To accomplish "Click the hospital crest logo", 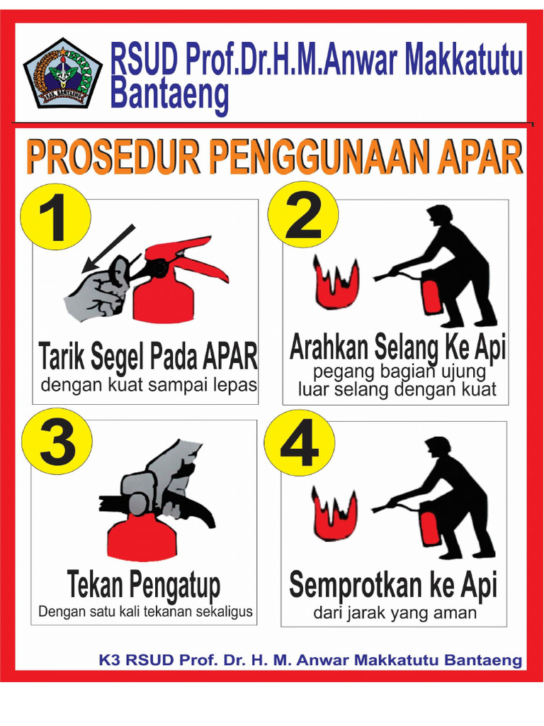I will click(x=62, y=73).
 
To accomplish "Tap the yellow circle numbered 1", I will click(x=55, y=217).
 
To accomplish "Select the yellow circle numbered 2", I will click(x=303, y=215).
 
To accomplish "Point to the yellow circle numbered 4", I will click(x=300, y=443).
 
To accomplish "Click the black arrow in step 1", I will click(x=106, y=249).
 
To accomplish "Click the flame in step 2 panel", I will click(x=336, y=284).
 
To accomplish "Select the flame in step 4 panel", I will click(x=334, y=514).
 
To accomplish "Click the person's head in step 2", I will click(x=440, y=216).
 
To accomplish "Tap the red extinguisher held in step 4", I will click(x=429, y=524).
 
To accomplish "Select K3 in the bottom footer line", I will click(x=109, y=661).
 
